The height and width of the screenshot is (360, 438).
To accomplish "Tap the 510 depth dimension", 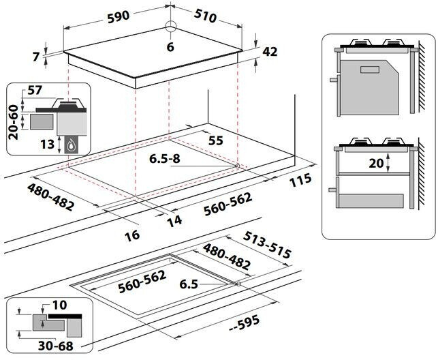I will pos(210,13).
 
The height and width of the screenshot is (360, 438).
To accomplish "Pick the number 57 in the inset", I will pos(34,90).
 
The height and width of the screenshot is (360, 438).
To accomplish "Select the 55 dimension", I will pos(216,140).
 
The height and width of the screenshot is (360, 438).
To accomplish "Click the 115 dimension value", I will pos(299,180).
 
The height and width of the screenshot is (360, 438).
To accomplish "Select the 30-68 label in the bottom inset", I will pos(37,346).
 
